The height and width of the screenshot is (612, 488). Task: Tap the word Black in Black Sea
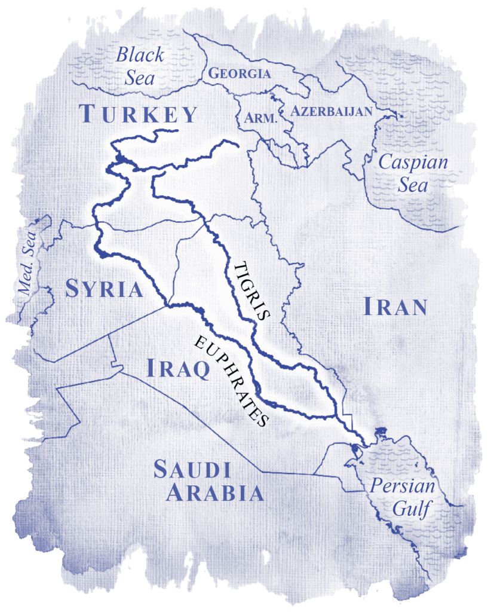139,56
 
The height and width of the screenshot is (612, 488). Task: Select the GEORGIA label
239,74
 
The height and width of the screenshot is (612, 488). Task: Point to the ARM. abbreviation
261,118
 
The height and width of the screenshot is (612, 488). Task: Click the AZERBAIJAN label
330,111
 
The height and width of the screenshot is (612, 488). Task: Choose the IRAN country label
395,307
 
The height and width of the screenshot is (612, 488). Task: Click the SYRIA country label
105,289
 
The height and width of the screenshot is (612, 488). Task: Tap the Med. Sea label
28,263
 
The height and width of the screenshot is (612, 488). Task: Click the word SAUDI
192,470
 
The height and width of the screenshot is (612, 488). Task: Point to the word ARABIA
215,494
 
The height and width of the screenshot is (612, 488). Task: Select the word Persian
402,485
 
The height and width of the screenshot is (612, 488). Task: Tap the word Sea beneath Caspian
413,185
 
